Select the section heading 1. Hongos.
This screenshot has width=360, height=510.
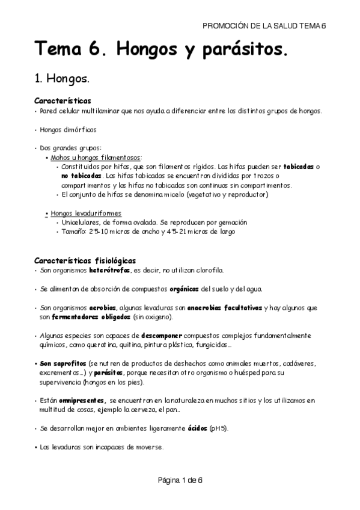click(x=63, y=79)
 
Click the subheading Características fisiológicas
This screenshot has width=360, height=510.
click(x=85, y=260)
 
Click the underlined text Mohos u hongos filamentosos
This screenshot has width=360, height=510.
click(x=96, y=157)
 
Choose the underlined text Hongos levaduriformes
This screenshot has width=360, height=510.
click(x=87, y=213)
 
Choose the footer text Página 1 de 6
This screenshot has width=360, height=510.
click(x=180, y=481)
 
